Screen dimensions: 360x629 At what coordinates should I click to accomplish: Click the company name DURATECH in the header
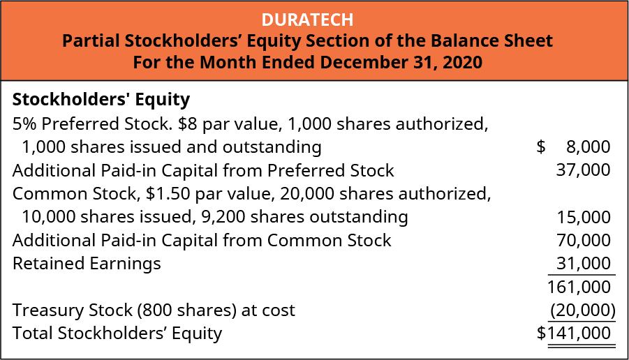[x=314, y=19]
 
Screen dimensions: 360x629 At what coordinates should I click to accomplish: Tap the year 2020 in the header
[x=461, y=61]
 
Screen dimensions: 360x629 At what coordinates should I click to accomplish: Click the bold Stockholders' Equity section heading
[x=101, y=100]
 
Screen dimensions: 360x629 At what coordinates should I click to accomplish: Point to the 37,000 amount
[x=583, y=170]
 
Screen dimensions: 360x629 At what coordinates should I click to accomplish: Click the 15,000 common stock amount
[x=583, y=217]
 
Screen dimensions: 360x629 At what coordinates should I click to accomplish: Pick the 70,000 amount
[x=583, y=241]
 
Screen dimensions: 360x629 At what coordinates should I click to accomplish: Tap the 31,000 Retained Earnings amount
[x=583, y=264]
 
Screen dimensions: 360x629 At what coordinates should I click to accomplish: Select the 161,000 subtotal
[x=580, y=287]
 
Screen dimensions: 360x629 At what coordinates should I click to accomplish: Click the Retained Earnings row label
[x=87, y=264]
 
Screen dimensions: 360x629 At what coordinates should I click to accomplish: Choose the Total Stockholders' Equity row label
[x=117, y=333]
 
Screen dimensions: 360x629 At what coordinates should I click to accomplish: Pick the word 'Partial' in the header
[x=90, y=40]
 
